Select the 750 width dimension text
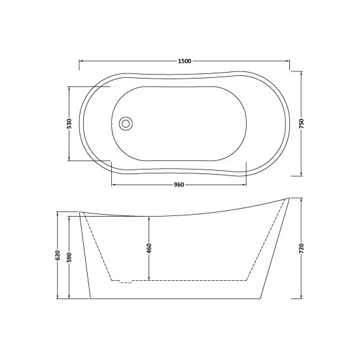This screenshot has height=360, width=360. pyautogui.click(x=301, y=124)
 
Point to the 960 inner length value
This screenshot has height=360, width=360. pyautogui.click(x=178, y=185)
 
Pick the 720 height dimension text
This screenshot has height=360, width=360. pyautogui.click(x=301, y=249)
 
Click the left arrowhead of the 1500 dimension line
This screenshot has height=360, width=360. pyautogui.click(x=81, y=61)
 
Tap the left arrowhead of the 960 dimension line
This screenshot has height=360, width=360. pyautogui.click(x=113, y=185)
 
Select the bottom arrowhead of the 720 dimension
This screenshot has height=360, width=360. pyautogui.click(x=301, y=300)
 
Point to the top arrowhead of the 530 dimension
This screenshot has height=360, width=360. pyautogui.click(x=69, y=88)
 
